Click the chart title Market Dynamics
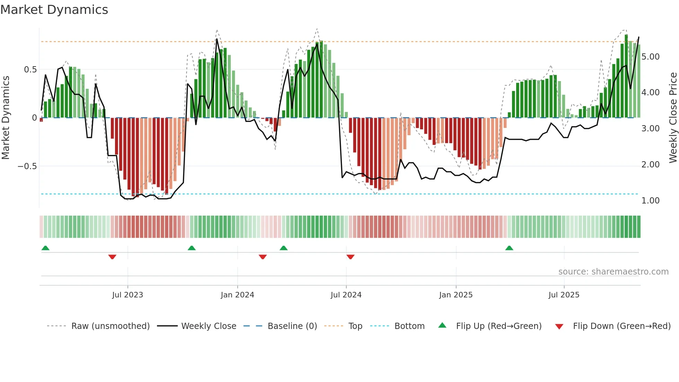[x=54, y=10]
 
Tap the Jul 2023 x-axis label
[x=127, y=295]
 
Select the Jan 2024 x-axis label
[x=237, y=295]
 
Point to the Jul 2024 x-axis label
[x=346, y=295]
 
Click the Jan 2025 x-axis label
[x=456, y=295]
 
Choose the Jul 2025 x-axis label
[x=564, y=295]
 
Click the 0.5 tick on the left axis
[x=30, y=70]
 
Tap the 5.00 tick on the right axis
[x=650, y=57]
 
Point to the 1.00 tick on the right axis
[x=650, y=201]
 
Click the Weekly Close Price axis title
[x=673, y=118]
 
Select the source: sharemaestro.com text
[x=613, y=272]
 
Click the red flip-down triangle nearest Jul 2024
[x=350, y=257]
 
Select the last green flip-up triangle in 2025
[x=509, y=248]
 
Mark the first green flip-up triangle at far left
[x=45, y=248]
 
